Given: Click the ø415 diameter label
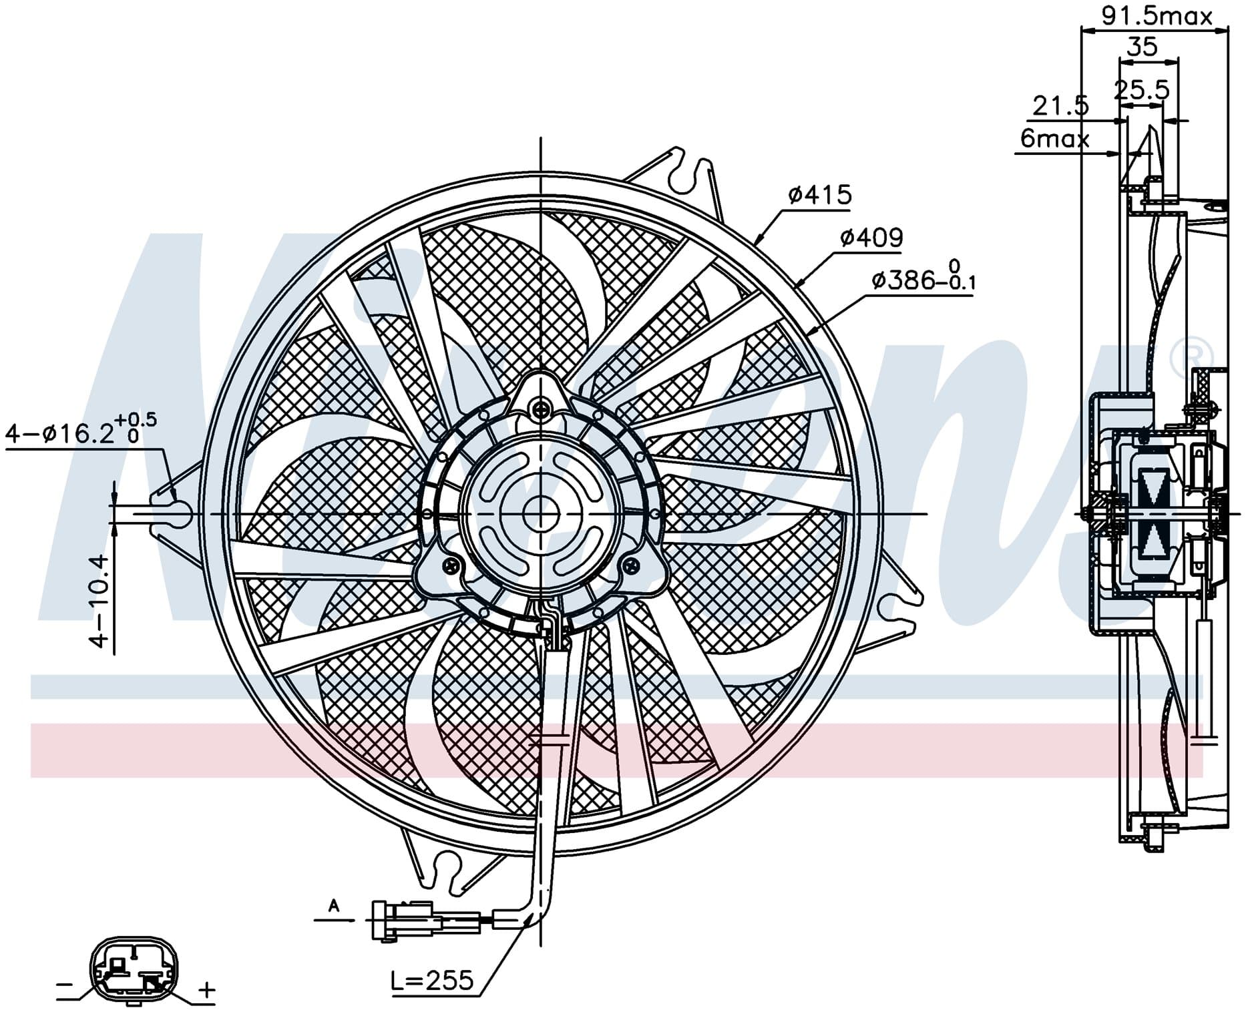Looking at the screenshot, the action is [819, 194].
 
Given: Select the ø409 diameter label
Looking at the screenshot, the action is [871, 237].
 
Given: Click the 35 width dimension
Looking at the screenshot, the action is [1142, 47].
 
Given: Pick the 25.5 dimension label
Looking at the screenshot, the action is [1141, 89].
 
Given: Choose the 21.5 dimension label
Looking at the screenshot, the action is [1060, 105].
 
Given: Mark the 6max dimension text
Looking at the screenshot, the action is [1054, 138].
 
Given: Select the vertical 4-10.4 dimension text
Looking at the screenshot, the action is [99, 600].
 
